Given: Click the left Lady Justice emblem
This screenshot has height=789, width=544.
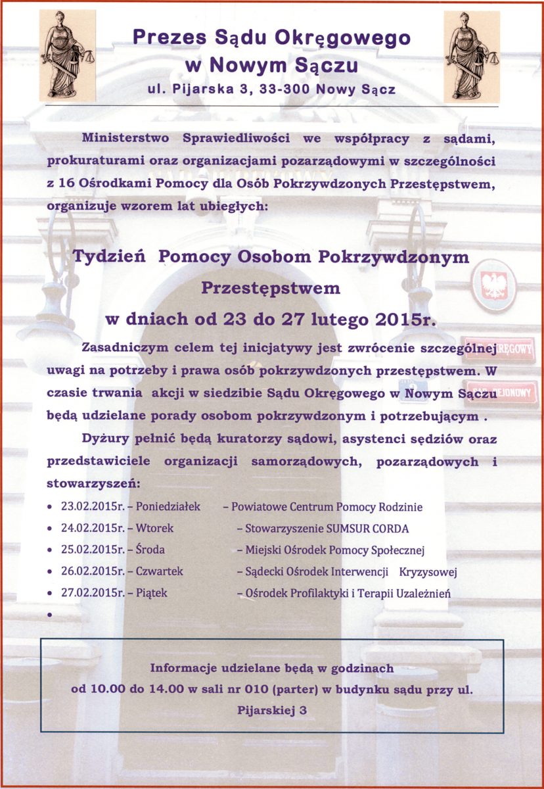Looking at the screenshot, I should point(67,58).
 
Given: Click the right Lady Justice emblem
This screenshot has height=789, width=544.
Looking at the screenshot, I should point(471,58).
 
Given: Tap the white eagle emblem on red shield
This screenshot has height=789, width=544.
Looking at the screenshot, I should point(492,285).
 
